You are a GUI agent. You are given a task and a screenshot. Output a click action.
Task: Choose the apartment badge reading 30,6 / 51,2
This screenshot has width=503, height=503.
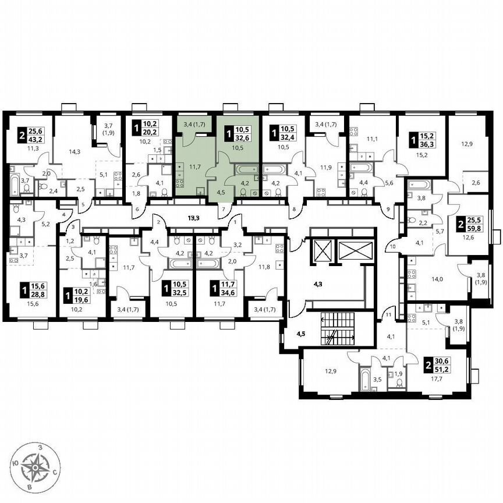(x=441, y=366)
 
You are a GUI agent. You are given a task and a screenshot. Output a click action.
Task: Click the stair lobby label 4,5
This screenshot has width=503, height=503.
(x=301, y=334)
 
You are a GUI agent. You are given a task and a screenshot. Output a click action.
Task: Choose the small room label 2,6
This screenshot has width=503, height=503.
(x=476, y=184)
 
